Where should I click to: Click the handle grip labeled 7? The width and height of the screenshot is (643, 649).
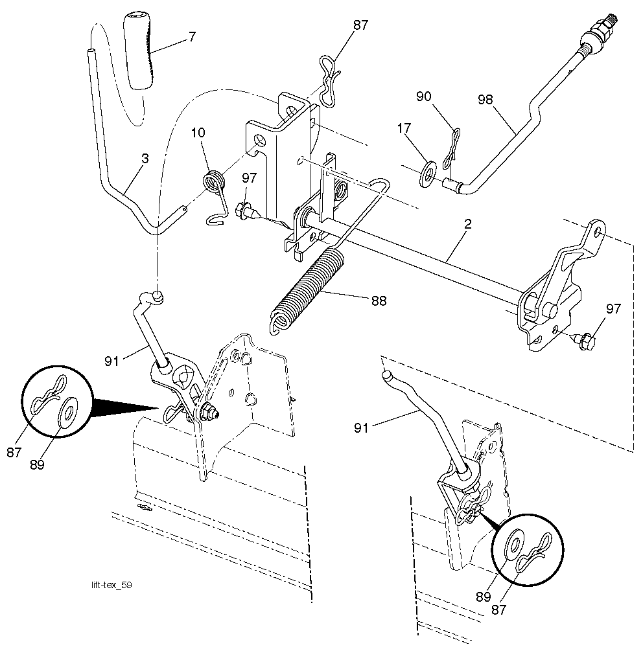(x=138, y=51)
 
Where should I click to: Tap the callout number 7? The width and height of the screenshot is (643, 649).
(x=192, y=38)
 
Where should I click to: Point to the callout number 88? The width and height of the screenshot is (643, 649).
(x=379, y=301)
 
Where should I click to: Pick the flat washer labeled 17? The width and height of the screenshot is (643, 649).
(x=428, y=173)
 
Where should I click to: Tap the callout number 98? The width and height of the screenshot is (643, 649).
(x=485, y=99)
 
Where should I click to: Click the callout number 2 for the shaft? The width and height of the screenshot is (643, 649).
(x=468, y=224)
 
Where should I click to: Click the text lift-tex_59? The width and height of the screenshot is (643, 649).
(x=112, y=585)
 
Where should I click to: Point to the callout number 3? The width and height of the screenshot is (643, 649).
(x=145, y=158)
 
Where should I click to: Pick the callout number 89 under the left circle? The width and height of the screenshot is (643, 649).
(x=37, y=465)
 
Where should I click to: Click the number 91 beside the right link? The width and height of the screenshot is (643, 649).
(x=361, y=428)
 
